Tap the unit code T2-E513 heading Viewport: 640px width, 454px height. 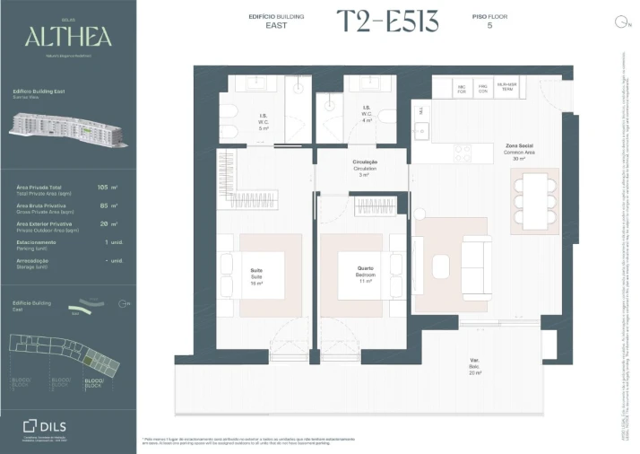[387, 23]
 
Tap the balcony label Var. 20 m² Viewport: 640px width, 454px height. [473, 365]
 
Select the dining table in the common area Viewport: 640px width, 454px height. [535, 201]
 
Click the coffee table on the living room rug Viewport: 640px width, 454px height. [440, 266]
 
